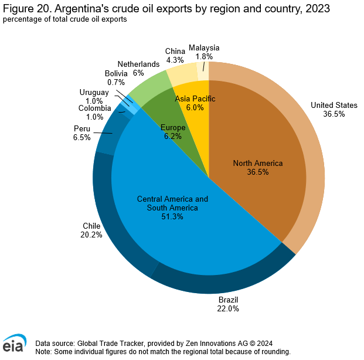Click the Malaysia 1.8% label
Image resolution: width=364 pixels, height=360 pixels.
[x=204, y=52]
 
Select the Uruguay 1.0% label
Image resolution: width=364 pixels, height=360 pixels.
[x=94, y=97]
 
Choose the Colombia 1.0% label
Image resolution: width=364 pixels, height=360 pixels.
[x=94, y=113]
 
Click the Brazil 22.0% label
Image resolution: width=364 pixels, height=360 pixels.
[x=229, y=304]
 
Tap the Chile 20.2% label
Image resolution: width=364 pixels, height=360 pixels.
[x=92, y=230]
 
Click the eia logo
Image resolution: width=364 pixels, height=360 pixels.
[x=14, y=344]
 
